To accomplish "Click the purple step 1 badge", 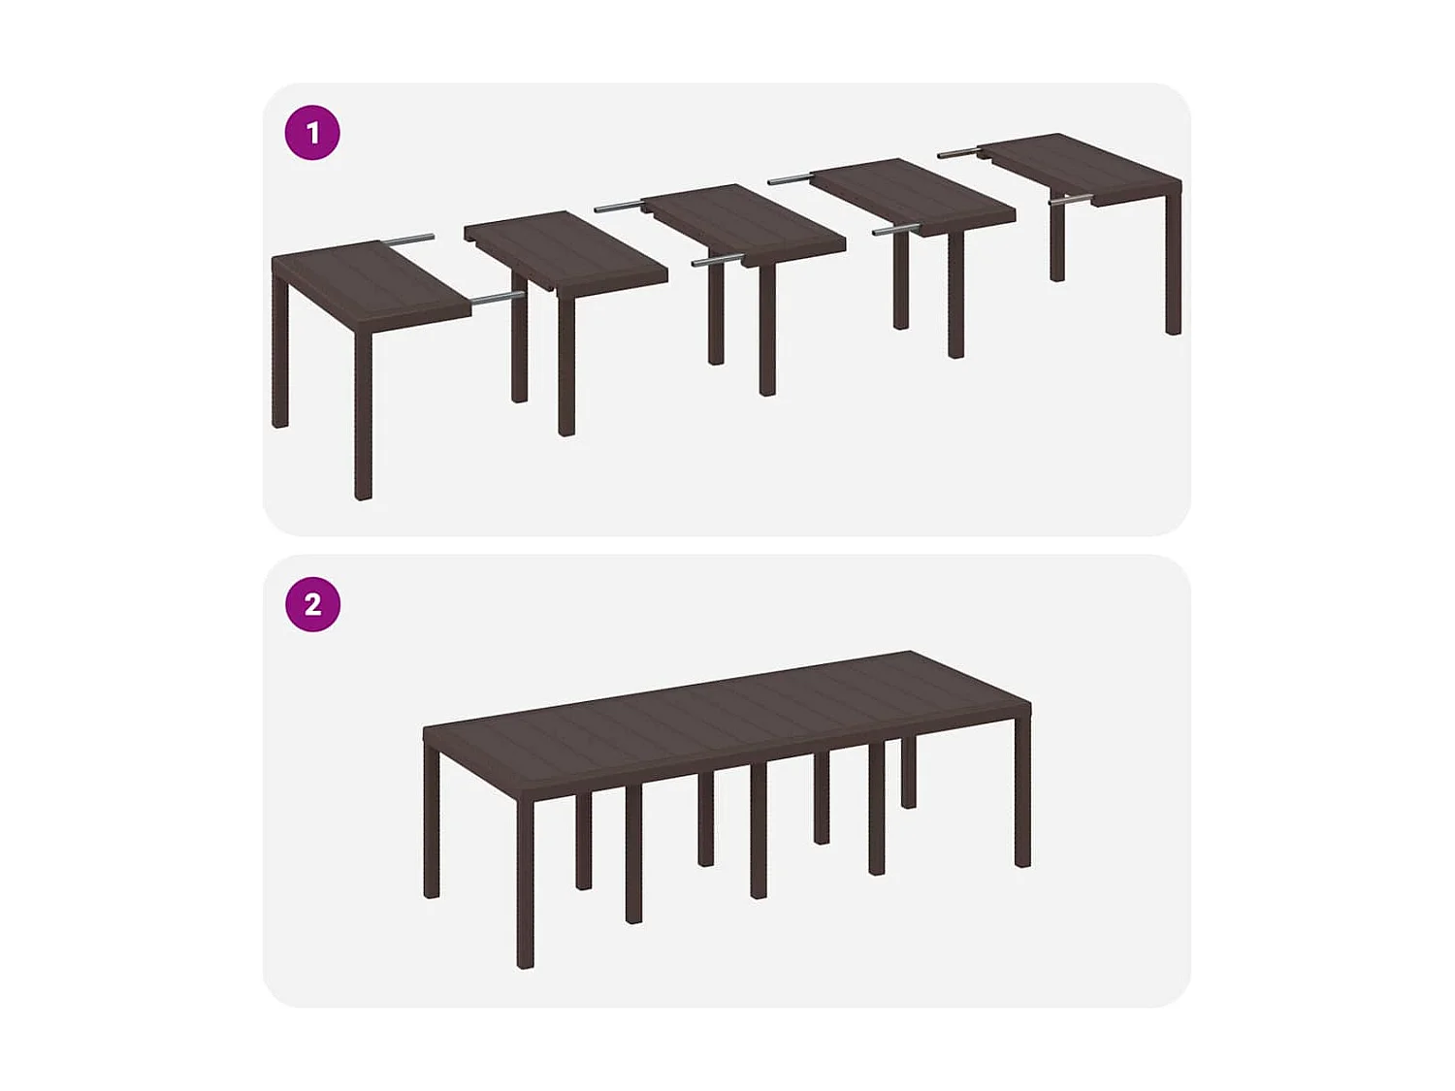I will tap(312, 133).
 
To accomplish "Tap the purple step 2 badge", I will tap(312, 604).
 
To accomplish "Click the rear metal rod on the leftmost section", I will tap(408, 239).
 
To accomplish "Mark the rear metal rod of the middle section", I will tap(617, 206).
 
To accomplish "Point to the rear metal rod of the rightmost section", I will tap(958, 152).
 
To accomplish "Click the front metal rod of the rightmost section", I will tap(1071, 201).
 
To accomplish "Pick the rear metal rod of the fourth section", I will tap(789, 179).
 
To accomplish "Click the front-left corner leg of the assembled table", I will tap(525, 882).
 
